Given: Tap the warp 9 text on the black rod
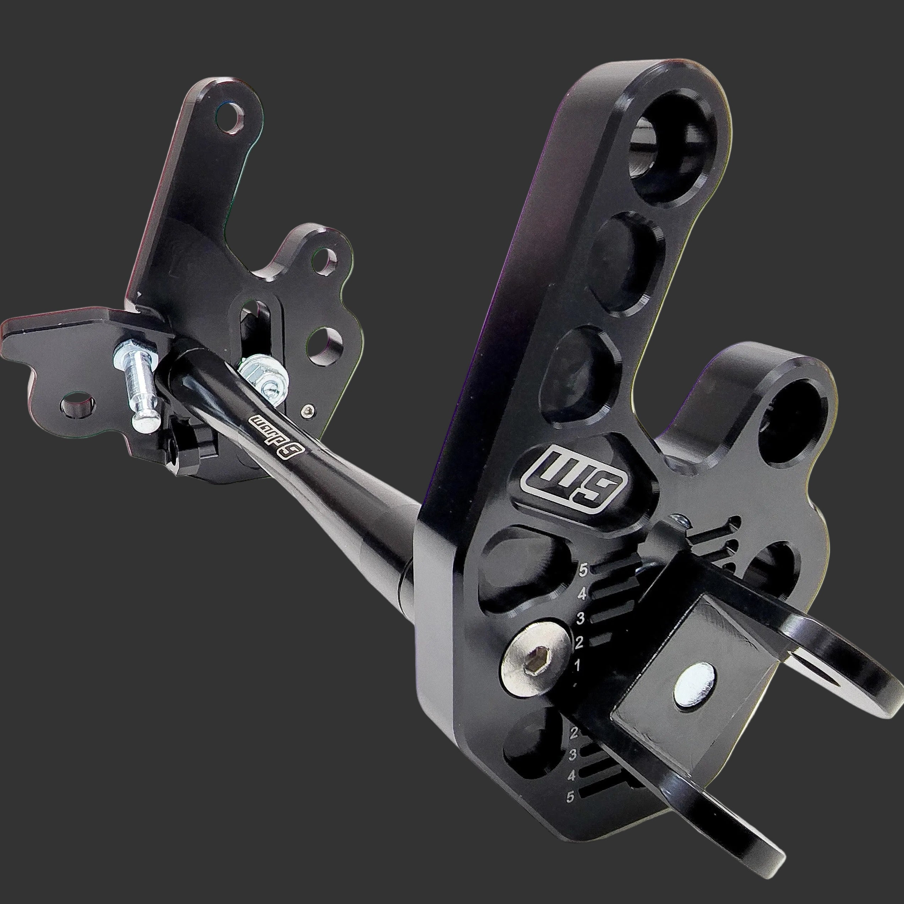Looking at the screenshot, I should click(272, 425).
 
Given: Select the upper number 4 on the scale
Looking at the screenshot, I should click(582, 595).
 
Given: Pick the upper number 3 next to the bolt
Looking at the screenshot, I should click(581, 619).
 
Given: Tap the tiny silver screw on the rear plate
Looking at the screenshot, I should click(307, 411).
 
